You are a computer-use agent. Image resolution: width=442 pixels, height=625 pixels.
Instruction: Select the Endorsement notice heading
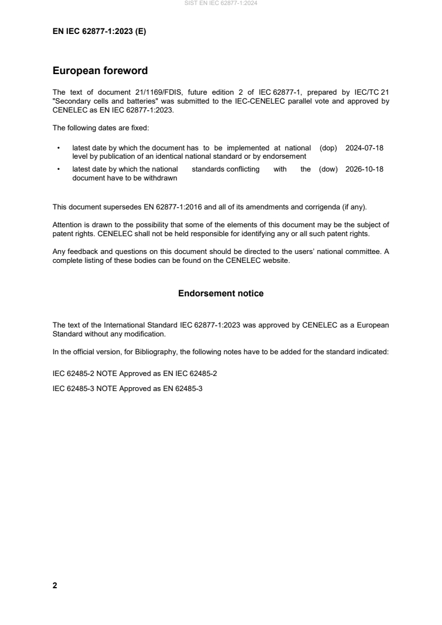(221, 294)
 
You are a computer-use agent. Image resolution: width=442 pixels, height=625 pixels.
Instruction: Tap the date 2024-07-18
(365, 148)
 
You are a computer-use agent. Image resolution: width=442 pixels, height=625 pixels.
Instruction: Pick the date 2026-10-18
(365, 169)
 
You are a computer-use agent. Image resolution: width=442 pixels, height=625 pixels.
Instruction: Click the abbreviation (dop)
(329, 148)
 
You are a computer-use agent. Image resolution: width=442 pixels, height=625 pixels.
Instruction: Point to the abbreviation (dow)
(328, 169)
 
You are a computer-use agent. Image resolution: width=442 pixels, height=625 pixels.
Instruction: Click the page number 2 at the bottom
(55, 585)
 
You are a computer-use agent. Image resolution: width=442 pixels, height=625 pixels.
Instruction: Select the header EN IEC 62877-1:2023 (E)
(99, 32)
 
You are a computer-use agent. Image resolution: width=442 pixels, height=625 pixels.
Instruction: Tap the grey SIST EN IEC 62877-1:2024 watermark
(221, 3)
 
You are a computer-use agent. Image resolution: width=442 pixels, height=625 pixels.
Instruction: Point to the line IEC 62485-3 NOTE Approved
(128, 388)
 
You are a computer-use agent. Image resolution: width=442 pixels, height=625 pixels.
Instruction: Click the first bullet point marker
(59, 149)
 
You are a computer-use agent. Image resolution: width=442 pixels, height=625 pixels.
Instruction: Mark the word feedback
(80, 252)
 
